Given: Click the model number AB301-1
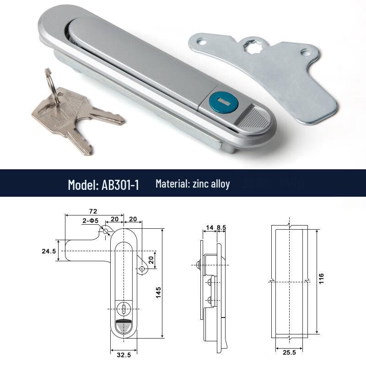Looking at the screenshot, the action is [x=120, y=184].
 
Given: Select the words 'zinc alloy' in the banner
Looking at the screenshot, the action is [x=211, y=183].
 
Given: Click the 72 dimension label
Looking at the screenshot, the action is [x=93, y=211].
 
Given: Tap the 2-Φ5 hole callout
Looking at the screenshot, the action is [x=91, y=221].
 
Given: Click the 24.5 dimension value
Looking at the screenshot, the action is [x=49, y=251].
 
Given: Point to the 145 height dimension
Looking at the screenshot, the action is [x=158, y=292].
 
